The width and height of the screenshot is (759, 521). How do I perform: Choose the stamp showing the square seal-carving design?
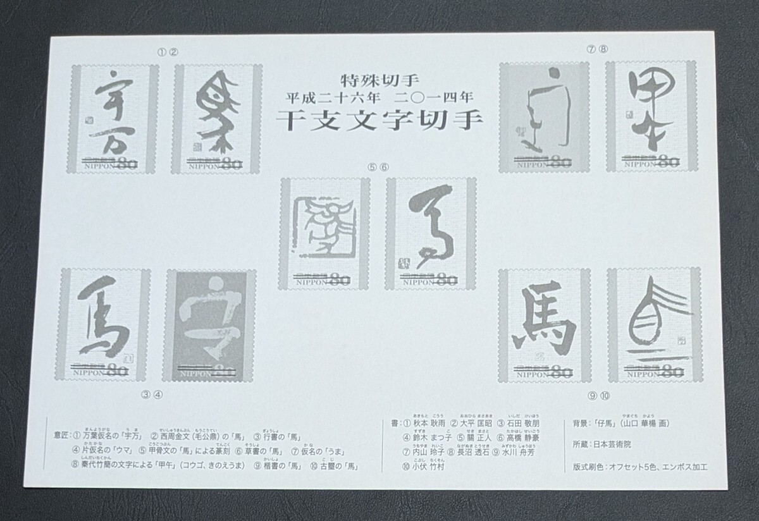pyautogui.click(x=324, y=233)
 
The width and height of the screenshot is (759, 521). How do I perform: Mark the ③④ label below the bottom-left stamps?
pyautogui.click(x=152, y=396)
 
